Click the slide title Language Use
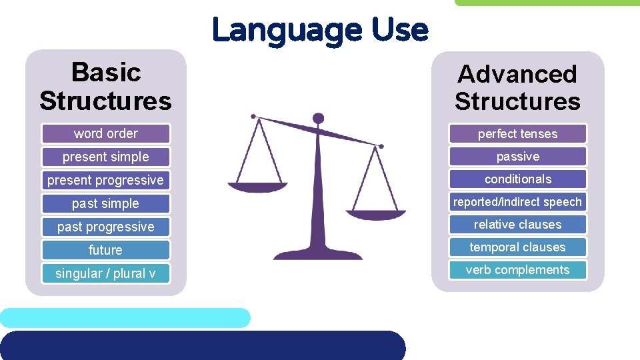click(320, 30)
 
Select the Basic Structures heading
click(105, 86)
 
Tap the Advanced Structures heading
click(517, 87)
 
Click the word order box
click(106, 133)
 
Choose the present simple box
click(106, 157)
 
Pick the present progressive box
click(106, 180)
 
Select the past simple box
click(106, 203)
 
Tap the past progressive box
click(106, 227)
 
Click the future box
click(106, 250)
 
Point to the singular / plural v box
click(106, 273)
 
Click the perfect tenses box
click(517, 134)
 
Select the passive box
click(517, 157)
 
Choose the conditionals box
click(517, 179)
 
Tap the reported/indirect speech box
click(517, 202)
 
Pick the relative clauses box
click(517, 225)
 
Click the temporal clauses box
click(517, 247)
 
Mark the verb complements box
click(517, 270)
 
